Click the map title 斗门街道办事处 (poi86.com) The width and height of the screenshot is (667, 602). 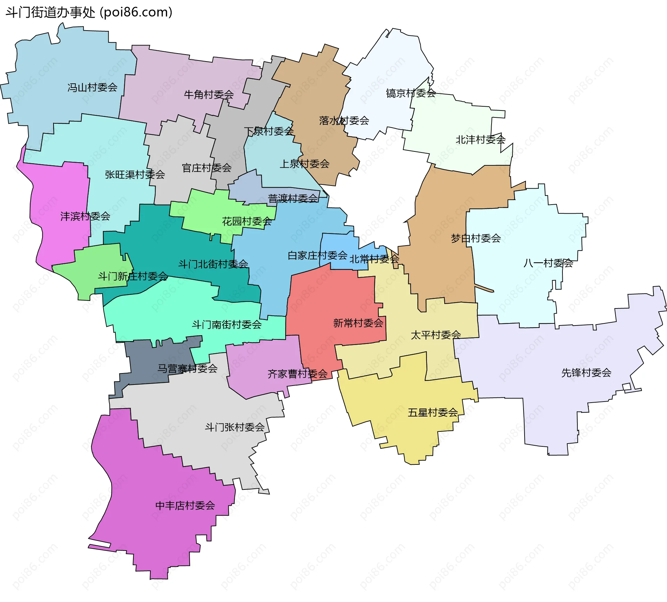tap(89, 13)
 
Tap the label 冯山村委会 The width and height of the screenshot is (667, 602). tap(92, 88)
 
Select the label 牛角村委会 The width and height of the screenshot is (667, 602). tap(209, 94)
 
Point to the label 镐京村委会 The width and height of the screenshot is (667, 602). tap(411, 93)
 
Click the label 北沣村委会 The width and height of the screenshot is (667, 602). tap(480, 140)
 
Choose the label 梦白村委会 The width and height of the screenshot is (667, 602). tap(476, 238)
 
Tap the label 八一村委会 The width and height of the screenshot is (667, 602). tap(548, 263)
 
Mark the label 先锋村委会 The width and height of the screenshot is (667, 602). tap(586, 373)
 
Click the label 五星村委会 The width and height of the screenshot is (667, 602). tap(433, 413)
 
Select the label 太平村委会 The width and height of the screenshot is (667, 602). tap(436, 335)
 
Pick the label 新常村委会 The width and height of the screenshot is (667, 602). tap(358, 323)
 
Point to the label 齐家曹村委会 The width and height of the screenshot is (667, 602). tap(298, 374)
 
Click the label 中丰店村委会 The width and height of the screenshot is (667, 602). tap(185, 505)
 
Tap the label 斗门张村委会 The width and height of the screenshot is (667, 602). tap(235, 427)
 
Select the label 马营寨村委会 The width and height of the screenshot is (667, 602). tap(188, 368)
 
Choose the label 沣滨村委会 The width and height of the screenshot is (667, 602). tap(85, 216)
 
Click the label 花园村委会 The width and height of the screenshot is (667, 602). tap(247, 221)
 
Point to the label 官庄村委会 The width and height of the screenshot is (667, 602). tap(207, 168)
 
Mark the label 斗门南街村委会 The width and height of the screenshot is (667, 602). tap(227, 324)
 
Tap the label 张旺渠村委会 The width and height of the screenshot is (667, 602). tap(135, 174)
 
